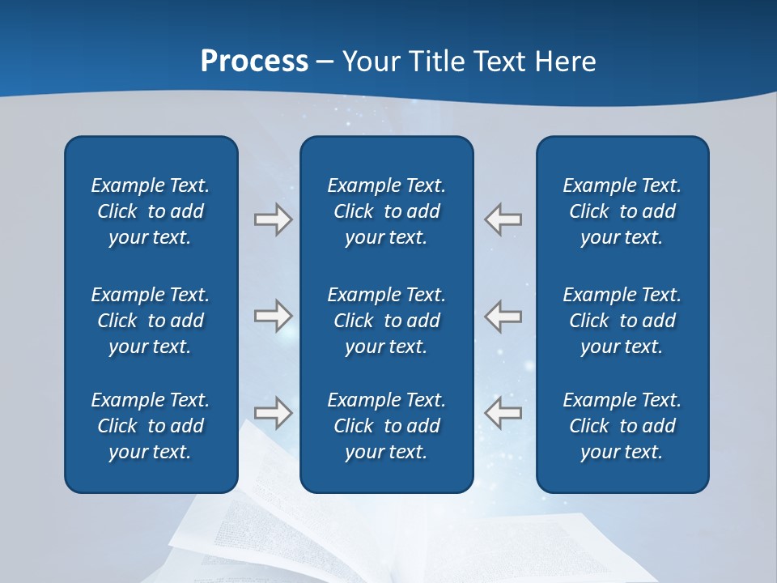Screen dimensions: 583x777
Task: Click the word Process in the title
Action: (x=254, y=62)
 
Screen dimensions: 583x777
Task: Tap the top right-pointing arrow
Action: (x=273, y=219)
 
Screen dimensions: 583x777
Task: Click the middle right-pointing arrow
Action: (x=273, y=316)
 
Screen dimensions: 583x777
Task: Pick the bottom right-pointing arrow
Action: (x=273, y=413)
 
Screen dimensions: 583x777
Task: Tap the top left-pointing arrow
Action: (x=503, y=219)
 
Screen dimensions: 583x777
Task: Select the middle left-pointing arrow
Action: (x=503, y=316)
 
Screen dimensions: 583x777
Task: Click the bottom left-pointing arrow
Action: (x=503, y=413)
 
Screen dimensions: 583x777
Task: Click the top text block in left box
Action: (x=151, y=211)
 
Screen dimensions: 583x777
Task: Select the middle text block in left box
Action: (x=151, y=321)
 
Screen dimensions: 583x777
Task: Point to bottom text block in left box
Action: (x=151, y=426)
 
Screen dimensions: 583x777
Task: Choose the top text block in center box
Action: (x=386, y=211)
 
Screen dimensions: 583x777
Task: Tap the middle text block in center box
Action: (x=386, y=321)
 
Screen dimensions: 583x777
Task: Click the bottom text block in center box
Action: (x=386, y=426)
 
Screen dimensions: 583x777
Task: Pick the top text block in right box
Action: (x=622, y=211)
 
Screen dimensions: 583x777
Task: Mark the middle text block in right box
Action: (x=622, y=321)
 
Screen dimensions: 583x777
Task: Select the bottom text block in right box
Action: (x=622, y=426)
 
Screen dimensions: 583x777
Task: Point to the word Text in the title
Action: (x=499, y=62)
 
